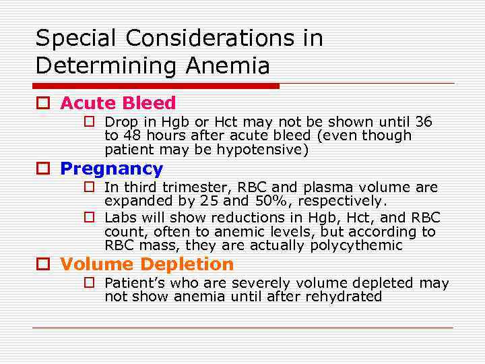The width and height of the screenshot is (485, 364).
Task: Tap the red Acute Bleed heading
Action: [118, 103]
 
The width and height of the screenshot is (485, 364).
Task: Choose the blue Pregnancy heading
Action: [111, 169]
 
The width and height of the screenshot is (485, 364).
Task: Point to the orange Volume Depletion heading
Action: [147, 264]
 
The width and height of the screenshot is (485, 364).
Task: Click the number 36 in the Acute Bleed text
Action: [424, 122]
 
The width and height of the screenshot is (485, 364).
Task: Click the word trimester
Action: [181, 187]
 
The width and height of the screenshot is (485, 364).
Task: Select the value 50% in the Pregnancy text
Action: [260, 202]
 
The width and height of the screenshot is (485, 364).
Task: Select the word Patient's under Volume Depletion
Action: [133, 283]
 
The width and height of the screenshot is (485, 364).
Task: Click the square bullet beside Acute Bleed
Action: [44, 104]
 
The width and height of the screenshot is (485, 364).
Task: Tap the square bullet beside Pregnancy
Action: [44, 169]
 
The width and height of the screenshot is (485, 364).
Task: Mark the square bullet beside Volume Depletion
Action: [44, 265]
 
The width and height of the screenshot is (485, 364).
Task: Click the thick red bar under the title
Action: [156, 86]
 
